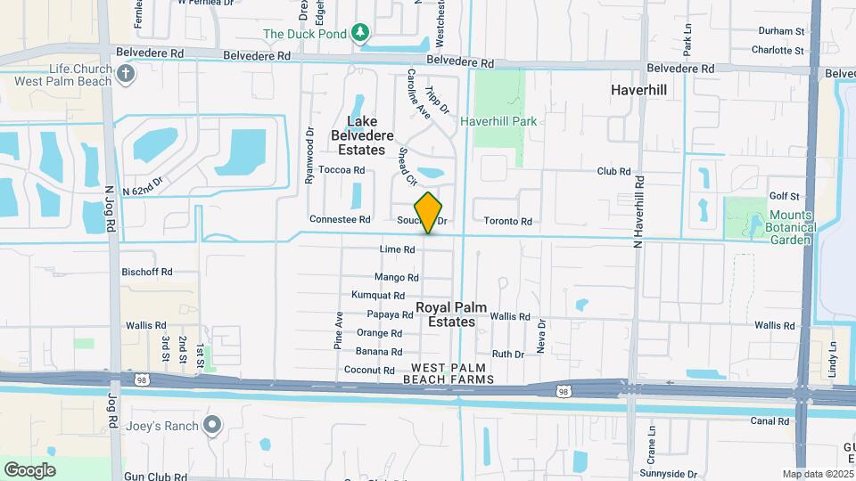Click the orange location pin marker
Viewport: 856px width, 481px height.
point(429,212)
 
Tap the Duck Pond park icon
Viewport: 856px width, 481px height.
point(360,33)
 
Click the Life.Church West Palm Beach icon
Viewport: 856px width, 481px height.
point(127,71)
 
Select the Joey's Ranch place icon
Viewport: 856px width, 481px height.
point(212,424)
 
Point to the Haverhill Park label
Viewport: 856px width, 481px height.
point(498,120)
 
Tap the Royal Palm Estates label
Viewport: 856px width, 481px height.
point(452,314)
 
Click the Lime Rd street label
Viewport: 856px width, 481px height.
point(397,250)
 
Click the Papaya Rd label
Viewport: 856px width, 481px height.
point(390,314)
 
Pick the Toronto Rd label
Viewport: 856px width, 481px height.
point(508,222)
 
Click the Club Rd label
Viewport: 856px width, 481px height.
point(613,171)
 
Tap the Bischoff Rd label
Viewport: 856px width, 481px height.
point(147,272)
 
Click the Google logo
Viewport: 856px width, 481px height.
point(29,470)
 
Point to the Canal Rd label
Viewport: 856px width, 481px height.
point(770,421)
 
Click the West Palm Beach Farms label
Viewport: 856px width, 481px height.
point(452,374)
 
